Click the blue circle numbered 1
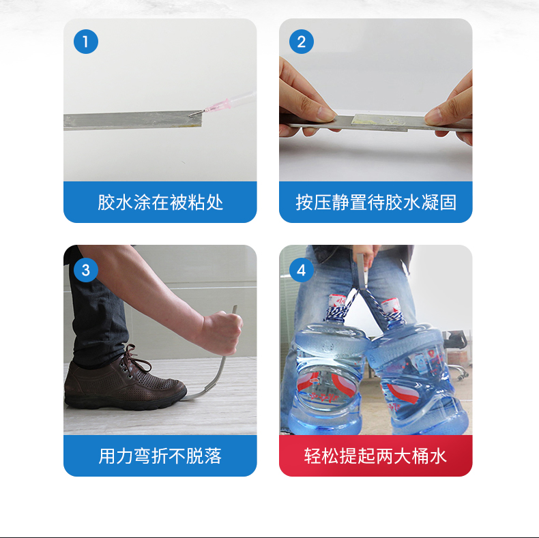pos(86,42)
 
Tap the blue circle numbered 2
pos(302,42)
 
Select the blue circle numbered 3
pos(86,270)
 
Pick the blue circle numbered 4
pos(302,270)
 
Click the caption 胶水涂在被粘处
pos(160,202)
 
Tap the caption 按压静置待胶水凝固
pos(376,202)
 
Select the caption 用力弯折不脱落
pos(160,456)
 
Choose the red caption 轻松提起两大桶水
pos(375,456)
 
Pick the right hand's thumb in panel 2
pos(434,116)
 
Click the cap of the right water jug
pos(390,305)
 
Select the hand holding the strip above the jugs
pos(365,256)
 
